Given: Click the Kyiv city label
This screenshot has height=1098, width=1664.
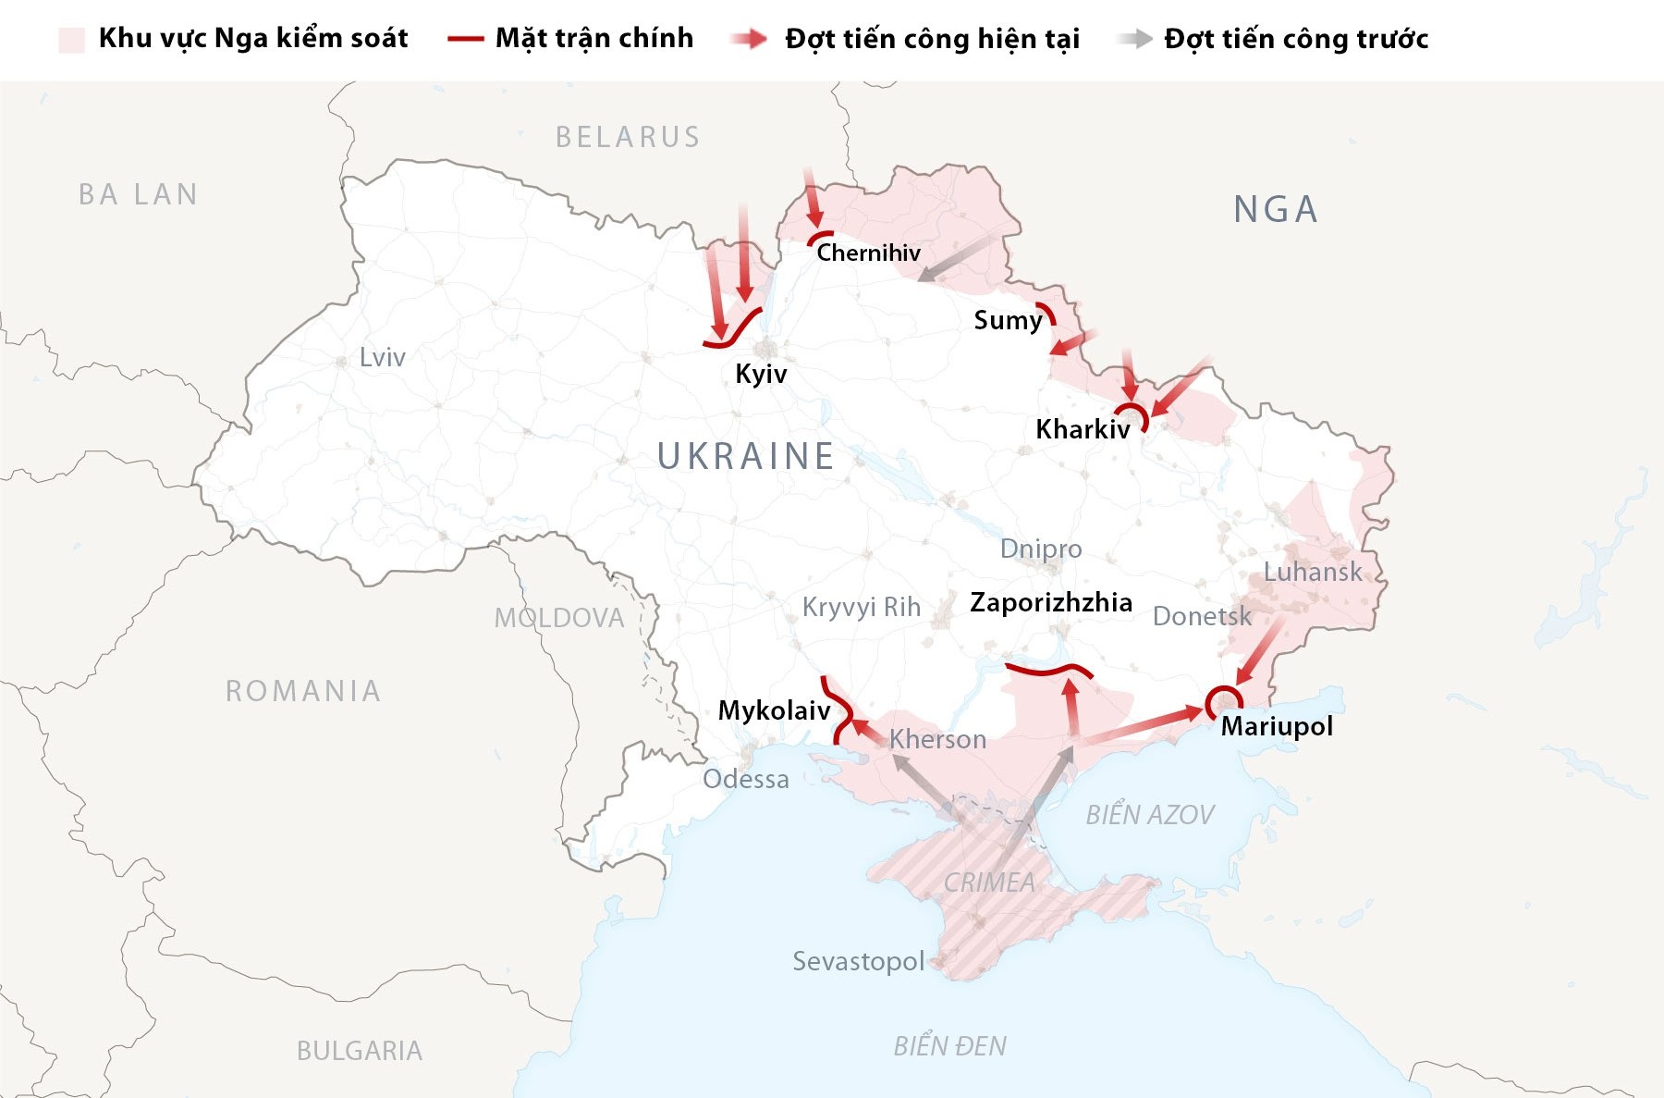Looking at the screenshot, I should (x=761, y=374).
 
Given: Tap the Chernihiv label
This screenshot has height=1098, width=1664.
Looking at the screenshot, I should (x=868, y=253).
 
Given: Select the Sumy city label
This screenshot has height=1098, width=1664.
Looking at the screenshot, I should (x=1008, y=320).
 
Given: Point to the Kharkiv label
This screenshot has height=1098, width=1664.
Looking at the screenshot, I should (x=1083, y=429).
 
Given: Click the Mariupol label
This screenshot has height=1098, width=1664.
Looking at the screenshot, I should (x=1277, y=726).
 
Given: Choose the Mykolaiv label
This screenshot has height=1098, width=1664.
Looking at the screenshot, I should (x=774, y=710).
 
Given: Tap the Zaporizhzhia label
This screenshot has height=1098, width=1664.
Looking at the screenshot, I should (x=1051, y=602).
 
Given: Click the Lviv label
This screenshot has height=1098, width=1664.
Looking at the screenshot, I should (x=382, y=357).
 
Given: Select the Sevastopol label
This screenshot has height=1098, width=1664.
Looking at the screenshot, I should (x=858, y=961).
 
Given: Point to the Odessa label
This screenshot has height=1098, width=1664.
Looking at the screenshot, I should (x=745, y=779).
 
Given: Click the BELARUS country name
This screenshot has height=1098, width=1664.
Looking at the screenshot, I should (x=628, y=137).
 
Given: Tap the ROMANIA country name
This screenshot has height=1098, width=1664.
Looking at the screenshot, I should (x=303, y=691).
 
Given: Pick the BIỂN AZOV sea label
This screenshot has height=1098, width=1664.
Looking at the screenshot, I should (x=1149, y=815).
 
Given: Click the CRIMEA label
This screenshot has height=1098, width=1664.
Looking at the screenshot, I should (x=989, y=882).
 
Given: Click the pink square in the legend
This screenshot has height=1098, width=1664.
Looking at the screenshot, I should (x=72, y=39).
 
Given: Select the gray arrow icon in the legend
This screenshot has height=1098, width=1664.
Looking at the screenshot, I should (x=1134, y=39).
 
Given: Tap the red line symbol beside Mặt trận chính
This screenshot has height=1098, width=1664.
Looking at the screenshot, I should (x=465, y=39).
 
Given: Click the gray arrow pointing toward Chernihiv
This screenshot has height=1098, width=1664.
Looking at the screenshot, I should (x=956, y=257).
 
